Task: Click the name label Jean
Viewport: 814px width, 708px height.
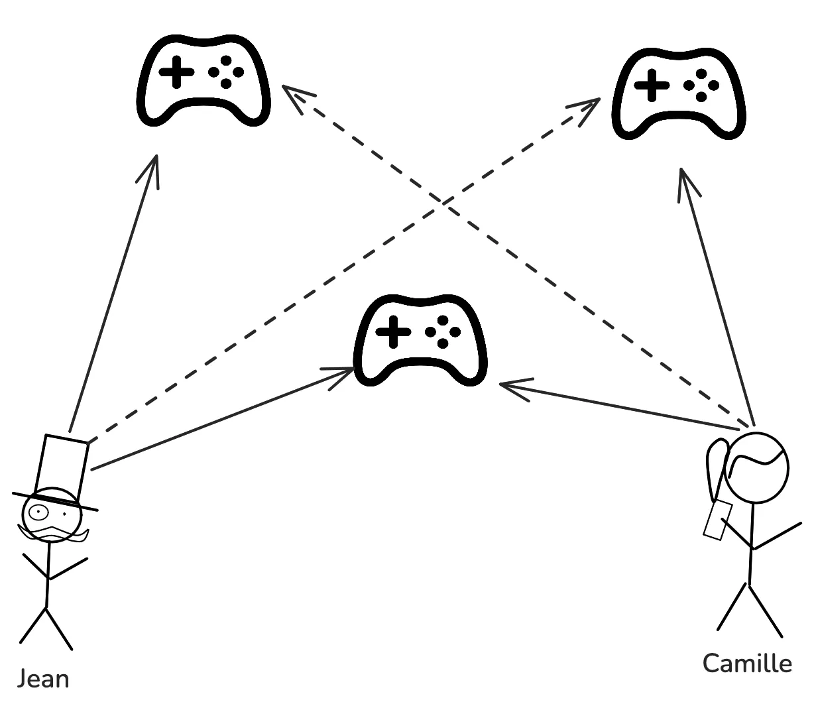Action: [x=43, y=679]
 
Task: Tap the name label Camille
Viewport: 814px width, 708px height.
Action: [x=747, y=663]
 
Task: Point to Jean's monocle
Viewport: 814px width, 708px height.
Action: [x=38, y=512]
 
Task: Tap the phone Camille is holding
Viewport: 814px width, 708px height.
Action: [x=717, y=520]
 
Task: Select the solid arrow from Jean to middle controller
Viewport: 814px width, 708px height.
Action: [x=219, y=420]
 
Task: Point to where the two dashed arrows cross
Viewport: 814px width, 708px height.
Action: [x=443, y=200]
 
